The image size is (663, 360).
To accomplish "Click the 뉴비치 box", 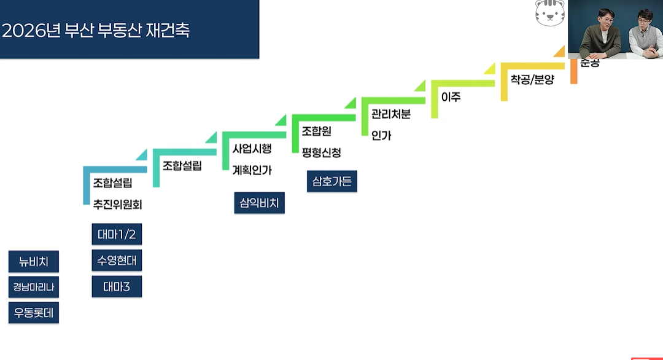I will pyautogui.click(x=34, y=262).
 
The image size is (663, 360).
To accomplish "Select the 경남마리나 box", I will pyautogui.click(x=34, y=287).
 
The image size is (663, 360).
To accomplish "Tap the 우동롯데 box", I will pyautogui.click(x=34, y=313).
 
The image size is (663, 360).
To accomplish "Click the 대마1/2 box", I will pyautogui.click(x=117, y=234).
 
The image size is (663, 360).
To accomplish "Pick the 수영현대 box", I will pyautogui.click(x=117, y=260).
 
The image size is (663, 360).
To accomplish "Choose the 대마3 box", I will pyautogui.click(x=117, y=286).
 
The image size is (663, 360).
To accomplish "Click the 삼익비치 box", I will pyautogui.click(x=259, y=203).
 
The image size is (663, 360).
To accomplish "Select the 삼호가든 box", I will pyautogui.click(x=331, y=181).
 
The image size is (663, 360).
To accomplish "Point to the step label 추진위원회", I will pyautogui.click(x=117, y=204).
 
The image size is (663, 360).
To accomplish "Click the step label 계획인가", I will pyautogui.click(x=252, y=170).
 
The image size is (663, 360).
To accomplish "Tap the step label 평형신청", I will pyautogui.click(x=321, y=152).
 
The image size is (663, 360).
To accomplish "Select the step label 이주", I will pyautogui.click(x=451, y=97).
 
